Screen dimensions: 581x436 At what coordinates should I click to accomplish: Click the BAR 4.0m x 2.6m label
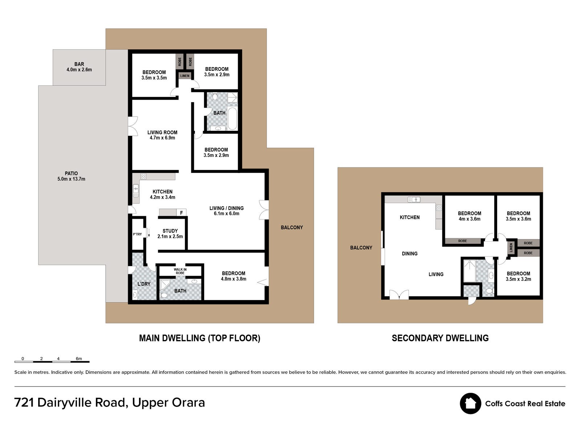click(79, 67)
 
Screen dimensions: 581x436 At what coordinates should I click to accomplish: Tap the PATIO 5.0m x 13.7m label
click(71, 176)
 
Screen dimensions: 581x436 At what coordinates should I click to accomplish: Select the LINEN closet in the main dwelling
click(185, 76)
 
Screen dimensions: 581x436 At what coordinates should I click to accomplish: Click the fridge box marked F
click(181, 213)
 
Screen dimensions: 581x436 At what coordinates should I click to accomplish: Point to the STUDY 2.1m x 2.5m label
click(170, 234)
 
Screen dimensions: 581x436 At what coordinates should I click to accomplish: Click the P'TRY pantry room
click(137, 234)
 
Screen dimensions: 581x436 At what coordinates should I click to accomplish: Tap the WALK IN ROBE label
click(180, 271)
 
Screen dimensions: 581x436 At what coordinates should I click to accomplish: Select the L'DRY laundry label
click(144, 284)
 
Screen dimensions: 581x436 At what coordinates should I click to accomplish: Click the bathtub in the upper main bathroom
click(232, 118)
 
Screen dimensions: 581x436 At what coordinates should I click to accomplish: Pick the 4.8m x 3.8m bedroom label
click(233, 276)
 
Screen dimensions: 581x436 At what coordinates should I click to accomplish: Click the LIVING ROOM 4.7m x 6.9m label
click(162, 135)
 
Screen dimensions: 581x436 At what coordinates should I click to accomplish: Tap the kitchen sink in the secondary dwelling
click(414, 199)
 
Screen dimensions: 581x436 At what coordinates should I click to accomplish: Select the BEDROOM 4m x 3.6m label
click(470, 216)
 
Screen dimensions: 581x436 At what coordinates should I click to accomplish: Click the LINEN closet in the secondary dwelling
click(511, 248)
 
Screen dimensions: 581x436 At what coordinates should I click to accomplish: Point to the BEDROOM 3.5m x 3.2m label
click(518, 276)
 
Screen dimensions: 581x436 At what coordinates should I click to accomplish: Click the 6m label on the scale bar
click(78, 359)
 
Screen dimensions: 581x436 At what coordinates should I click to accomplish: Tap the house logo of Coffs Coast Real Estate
click(470, 403)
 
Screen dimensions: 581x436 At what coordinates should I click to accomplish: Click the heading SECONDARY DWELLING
click(440, 338)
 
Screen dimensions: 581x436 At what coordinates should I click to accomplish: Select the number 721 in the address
click(24, 403)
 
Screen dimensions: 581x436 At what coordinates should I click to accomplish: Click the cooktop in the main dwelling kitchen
click(143, 176)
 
